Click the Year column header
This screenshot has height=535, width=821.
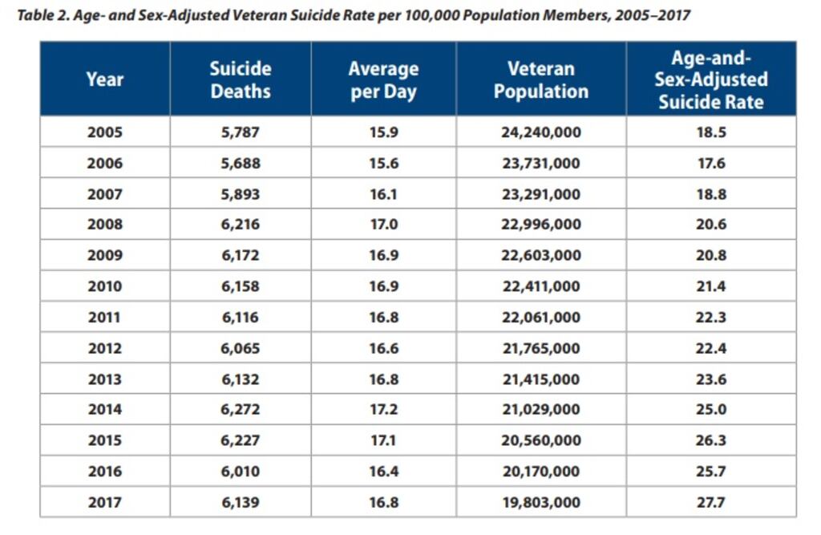click(x=105, y=79)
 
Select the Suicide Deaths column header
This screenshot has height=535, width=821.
click(x=241, y=79)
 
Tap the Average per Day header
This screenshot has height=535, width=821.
click(x=383, y=79)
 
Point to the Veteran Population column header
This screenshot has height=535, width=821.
click(x=541, y=79)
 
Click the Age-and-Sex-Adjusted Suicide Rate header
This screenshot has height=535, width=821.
click(x=711, y=79)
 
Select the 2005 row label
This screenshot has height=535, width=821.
click(x=105, y=132)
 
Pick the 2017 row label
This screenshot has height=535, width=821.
click(x=105, y=502)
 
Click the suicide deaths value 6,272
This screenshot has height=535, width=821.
click(x=241, y=410)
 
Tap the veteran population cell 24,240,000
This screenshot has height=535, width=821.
click(x=541, y=132)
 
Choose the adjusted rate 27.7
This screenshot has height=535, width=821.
click(x=711, y=502)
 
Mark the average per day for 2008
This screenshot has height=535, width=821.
click(x=383, y=225)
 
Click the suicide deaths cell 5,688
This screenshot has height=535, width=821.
click(x=241, y=163)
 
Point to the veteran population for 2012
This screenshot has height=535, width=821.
click(x=541, y=348)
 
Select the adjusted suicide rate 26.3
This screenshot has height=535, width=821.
click(x=711, y=440)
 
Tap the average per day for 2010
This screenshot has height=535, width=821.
click(x=383, y=286)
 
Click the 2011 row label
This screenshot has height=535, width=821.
click(x=105, y=318)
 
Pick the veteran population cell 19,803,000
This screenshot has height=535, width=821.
click(x=541, y=502)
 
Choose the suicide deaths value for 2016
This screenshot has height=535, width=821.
click(x=241, y=472)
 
